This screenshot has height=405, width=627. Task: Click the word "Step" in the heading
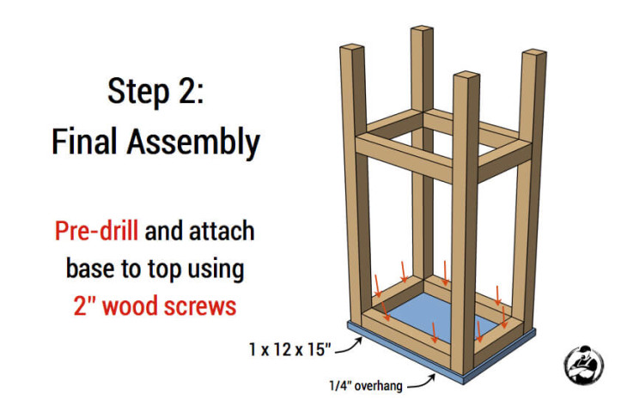click(x=138, y=93)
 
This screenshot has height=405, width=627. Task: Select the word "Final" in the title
click(x=85, y=142)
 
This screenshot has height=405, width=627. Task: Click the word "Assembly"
click(x=193, y=143)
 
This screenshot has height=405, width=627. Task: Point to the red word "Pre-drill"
click(x=97, y=231)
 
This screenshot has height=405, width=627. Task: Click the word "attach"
click(x=222, y=231)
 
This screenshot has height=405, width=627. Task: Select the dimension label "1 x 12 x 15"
click(x=290, y=349)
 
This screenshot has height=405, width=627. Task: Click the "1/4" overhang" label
click(x=366, y=385)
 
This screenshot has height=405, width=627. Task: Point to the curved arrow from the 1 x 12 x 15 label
click(x=349, y=347)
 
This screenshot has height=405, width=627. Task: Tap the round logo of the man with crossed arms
click(x=583, y=365)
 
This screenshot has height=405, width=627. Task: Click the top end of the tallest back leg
click(x=422, y=29)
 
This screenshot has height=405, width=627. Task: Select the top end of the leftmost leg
click(x=352, y=46)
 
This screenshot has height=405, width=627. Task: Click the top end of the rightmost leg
click(x=534, y=52)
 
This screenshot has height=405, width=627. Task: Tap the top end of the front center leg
click(x=466, y=75)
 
